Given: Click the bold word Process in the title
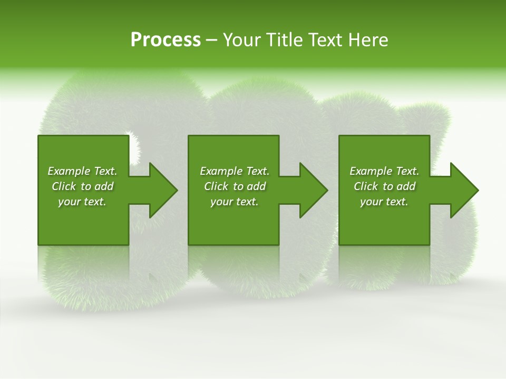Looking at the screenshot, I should pos(166,40).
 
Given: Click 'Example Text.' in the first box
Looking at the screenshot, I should pos(82,171).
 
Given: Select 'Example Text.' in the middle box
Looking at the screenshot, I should pos(235,171).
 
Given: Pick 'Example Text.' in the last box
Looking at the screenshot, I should pos(384,171).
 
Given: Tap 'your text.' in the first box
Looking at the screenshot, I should pos(82,202).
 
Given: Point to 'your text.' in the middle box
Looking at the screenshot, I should pos(235,202).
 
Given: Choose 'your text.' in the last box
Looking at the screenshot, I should pos(384,202).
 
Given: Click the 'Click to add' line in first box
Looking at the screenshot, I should pos(82,186).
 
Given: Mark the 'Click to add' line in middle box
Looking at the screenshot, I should pos(235,186).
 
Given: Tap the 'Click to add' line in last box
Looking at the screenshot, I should pos(384,186).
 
